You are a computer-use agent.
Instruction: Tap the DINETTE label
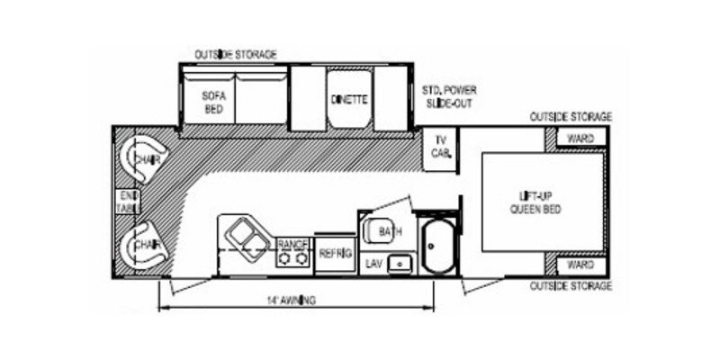347,100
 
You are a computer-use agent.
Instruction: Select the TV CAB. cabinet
441,146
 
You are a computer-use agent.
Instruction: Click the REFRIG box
333,254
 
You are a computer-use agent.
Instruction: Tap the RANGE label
292,244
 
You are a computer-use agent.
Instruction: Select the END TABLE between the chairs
126,202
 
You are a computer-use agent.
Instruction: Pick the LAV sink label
374,264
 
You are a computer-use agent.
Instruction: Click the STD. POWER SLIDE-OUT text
449,96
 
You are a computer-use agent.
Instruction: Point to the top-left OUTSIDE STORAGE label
236,55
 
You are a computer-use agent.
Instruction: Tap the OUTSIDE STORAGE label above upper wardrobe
571,118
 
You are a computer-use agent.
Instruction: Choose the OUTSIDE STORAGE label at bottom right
571,286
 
